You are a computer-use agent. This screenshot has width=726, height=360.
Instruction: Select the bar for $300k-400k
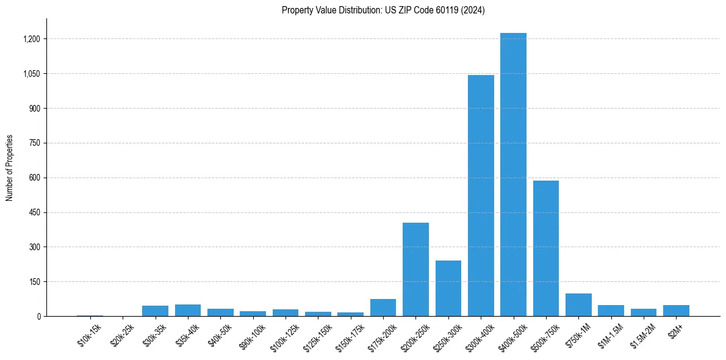coord(481,195)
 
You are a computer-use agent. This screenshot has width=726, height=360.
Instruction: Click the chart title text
coord(383,10)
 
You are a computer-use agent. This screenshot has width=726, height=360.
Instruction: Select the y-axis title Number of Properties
coord(10,168)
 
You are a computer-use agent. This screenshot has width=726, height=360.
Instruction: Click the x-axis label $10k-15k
coord(90,335)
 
